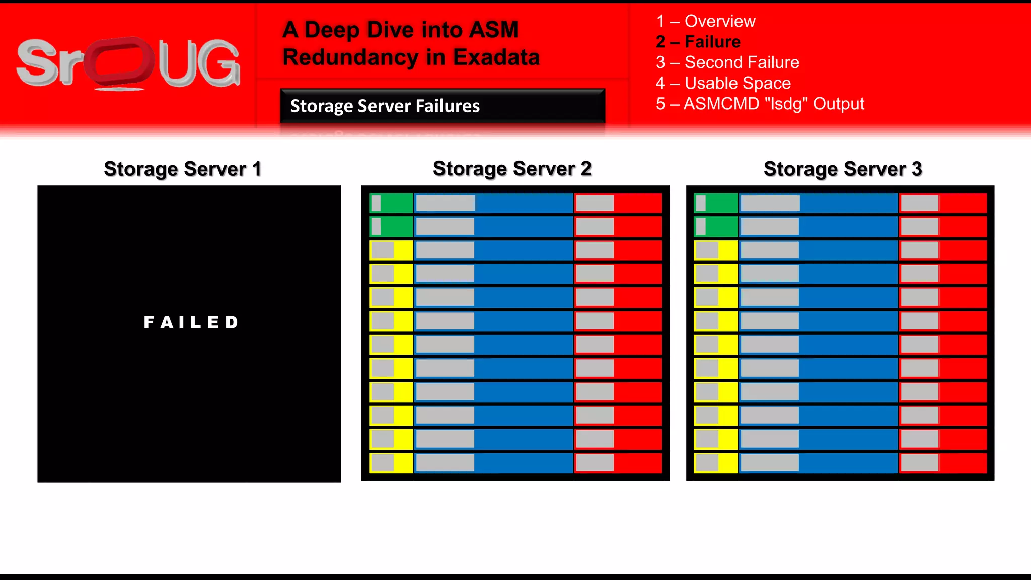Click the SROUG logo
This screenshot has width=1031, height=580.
click(x=128, y=63)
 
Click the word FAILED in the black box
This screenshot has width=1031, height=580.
click(x=191, y=322)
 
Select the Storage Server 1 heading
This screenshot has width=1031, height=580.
click(x=182, y=169)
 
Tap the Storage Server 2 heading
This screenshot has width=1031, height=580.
click(x=512, y=169)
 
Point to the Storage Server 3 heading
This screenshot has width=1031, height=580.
click(x=842, y=169)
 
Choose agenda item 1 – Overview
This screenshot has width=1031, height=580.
click(x=705, y=21)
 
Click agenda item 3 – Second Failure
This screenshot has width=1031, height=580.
click(x=727, y=62)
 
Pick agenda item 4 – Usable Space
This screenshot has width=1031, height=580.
click(x=723, y=83)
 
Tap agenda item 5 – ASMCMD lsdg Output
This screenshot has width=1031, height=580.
click(x=760, y=104)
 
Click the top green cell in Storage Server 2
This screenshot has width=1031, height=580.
click(x=391, y=203)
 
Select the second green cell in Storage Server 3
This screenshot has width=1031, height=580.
click(x=715, y=227)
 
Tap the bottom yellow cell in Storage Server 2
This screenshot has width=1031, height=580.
click(x=391, y=463)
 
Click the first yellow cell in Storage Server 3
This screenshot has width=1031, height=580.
click(x=715, y=250)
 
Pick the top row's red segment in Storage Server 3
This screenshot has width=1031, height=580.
click(x=943, y=203)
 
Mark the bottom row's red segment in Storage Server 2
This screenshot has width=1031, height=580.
click(x=618, y=463)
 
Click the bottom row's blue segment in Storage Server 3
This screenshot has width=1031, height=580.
click(x=819, y=463)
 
